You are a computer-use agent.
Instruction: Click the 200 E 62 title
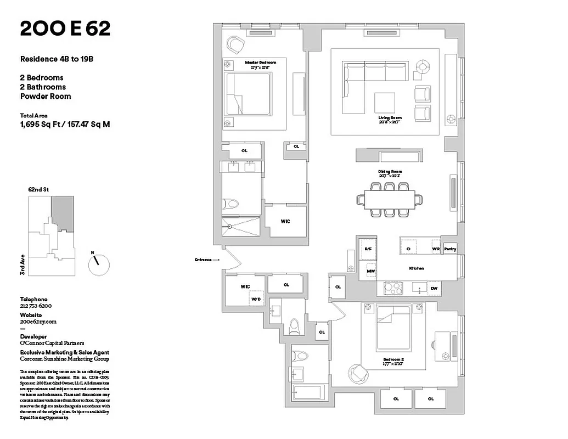coord(65,29)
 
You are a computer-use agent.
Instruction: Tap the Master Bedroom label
coord(261,63)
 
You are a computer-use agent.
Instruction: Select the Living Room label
coord(390,118)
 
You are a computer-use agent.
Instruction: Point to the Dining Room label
coord(390,172)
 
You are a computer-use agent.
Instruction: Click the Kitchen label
coord(417,268)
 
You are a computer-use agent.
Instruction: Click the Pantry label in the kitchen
coord(450,249)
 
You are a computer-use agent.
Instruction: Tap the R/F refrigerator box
coord(368,249)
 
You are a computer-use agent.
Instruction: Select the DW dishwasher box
coord(434,288)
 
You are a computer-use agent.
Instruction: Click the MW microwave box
coord(371,271)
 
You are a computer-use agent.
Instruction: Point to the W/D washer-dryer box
coord(256,299)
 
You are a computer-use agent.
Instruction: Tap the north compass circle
coord(99,264)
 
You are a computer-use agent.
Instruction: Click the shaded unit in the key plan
coord(63,213)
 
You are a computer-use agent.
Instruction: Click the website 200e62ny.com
coord(38,322)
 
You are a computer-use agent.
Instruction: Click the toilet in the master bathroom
coord(233,204)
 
